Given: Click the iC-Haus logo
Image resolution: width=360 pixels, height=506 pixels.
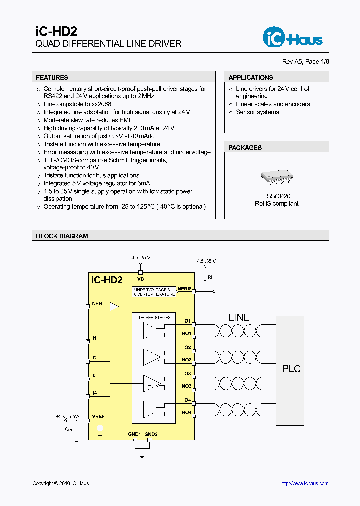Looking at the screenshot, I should (293, 37).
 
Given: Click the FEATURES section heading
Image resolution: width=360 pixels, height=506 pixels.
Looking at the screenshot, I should (52, 78).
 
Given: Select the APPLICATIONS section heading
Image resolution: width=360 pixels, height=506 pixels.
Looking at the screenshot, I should (251, 78).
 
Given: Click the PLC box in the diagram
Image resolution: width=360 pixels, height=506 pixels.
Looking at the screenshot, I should (291, 369).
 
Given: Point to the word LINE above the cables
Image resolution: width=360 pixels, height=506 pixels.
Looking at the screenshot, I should (239, 317).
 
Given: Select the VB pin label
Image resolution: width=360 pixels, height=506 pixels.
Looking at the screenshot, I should (140, 279).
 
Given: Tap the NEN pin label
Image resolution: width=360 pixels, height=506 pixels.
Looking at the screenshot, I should (97, 303).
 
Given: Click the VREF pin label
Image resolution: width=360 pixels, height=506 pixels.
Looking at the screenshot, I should (98, 416).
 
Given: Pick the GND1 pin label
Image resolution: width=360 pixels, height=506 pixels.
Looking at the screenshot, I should (135, 434).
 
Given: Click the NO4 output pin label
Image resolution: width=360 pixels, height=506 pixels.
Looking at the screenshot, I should (186, 412).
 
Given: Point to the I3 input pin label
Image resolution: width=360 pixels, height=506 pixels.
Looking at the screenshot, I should (94, 375).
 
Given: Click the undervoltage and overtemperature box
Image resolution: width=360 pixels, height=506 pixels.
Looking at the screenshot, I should (154, 292).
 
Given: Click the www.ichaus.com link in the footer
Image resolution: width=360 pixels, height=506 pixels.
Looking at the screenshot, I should (304, 483).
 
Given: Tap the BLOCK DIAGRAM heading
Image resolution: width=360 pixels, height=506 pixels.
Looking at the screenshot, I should (62, 236).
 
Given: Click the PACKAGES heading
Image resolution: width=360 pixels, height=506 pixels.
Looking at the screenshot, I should (245, 148).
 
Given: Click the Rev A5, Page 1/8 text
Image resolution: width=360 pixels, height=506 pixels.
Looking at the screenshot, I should (306, 62).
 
